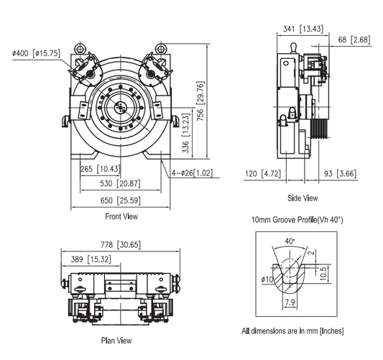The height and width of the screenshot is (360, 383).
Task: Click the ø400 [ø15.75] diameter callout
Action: pos(35,53)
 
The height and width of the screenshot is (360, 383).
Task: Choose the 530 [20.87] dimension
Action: pos(119,184)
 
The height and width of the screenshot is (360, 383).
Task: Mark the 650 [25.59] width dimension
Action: pos(119,200)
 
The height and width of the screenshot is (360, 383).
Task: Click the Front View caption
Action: pos(121,216)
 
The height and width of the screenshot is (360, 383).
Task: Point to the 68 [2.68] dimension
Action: pos(355,40)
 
